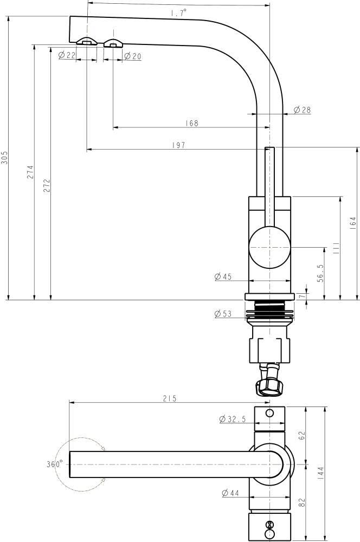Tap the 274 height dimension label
(x=30, y=172)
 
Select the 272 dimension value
(x=47, y=185)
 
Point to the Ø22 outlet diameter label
(x=67, y=55)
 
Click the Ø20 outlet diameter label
(x=132, y=56)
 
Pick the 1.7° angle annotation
(x=178, y=13)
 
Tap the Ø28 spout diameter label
(x=302, y=110)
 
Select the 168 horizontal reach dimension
(x=191, y=123)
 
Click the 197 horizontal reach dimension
(x=179, y=145)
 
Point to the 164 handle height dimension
(x=352, y=224)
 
